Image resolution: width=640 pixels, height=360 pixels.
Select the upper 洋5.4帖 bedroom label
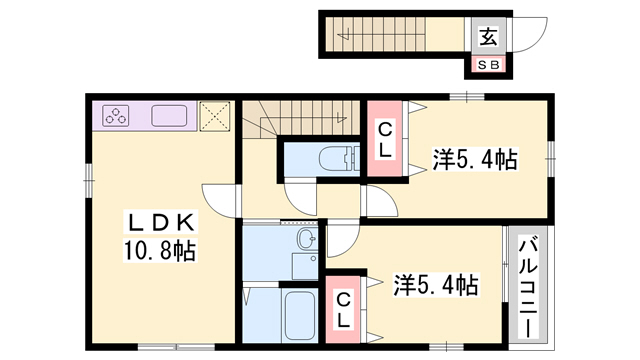click(x=475, y=159)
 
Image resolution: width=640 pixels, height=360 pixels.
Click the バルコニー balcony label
click(x=529, y=286)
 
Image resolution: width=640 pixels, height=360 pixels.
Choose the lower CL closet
click(x=342, y=310)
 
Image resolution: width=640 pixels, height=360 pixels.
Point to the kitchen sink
click(x=170, y=115)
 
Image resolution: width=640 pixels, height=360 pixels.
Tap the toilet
click(x=341, y=158)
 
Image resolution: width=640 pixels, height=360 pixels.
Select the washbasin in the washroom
click(x=305, y=240)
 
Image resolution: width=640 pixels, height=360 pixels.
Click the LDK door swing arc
click(x=222, y=197)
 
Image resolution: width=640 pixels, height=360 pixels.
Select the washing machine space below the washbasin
click(x=304, y=266)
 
